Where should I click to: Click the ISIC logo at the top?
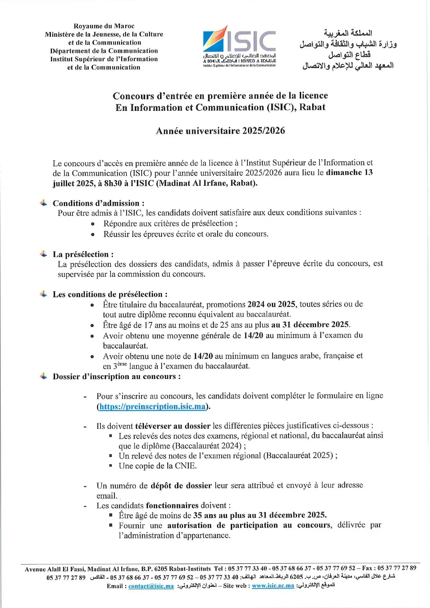tap(239, 45)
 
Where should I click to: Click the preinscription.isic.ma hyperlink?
tap(152, 406)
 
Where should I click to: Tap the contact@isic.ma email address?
tap(151, 586)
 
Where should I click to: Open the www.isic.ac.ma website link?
tap(273, 585)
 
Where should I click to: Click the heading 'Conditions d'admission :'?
tap(98, 203)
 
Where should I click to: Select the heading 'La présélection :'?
tap(83, 254)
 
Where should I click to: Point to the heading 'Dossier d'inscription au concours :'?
tap(116, 376)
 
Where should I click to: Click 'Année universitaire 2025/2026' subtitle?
tap(220, 131)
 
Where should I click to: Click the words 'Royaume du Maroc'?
tap(104, 26)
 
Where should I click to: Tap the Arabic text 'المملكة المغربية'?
tap(348, 33)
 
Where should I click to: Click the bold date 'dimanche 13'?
tap(349, 172)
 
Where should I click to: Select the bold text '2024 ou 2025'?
tap(271, 304)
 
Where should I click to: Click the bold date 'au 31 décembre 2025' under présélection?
tap(310, 325)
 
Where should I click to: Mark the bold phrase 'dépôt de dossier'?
tap(181, 485)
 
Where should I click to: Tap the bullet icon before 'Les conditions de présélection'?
tap(43, 294)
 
